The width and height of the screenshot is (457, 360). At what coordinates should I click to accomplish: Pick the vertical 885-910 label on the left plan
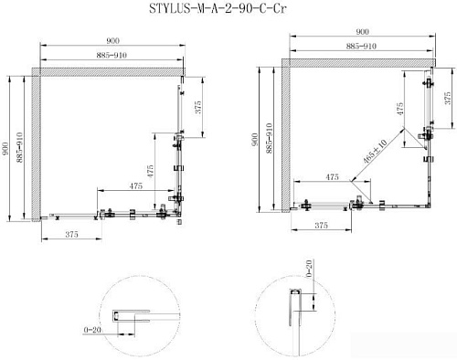coord(21,146)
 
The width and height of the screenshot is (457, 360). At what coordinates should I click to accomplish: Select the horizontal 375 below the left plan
coord(76,235)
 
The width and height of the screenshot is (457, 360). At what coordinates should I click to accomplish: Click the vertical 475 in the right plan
coord(399,107)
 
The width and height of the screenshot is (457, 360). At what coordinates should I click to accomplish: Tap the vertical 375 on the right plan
coord(448,100)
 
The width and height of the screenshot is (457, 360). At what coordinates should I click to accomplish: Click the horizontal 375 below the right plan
coord(320,224)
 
